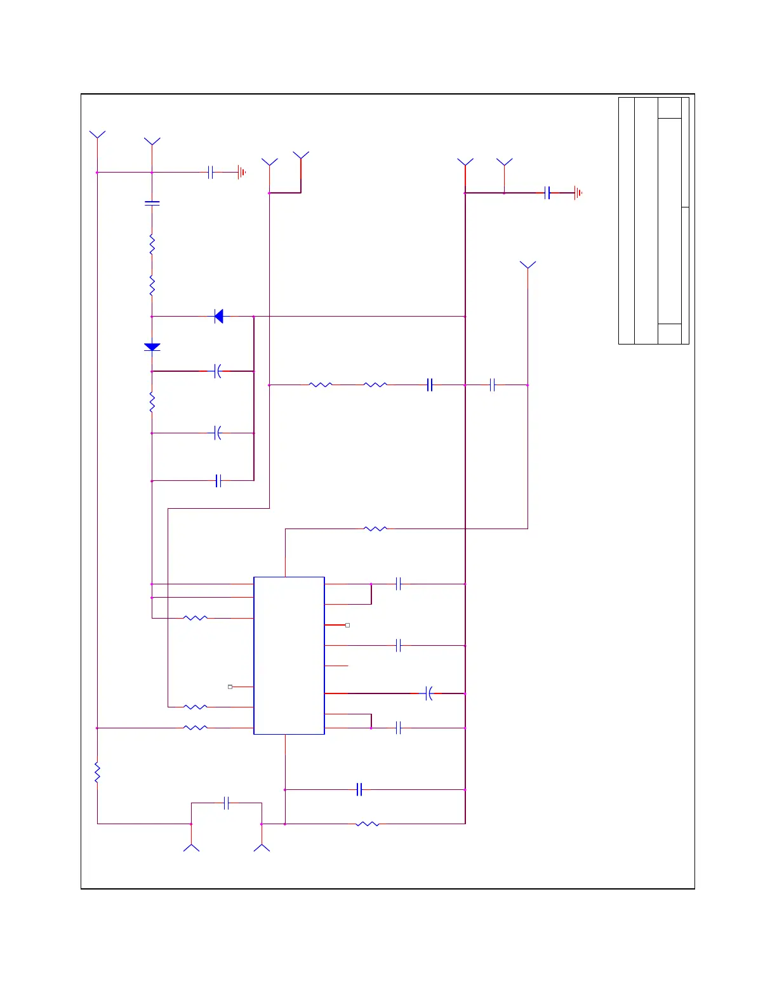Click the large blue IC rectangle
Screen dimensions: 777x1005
(x=289, y=655)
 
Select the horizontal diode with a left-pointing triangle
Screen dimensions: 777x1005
(x=219, y=316)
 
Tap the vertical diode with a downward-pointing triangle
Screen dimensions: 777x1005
(x=152, y=347)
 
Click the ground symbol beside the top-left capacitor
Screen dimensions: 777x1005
(x=241, y=172)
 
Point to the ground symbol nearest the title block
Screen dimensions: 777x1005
(x=578, y=193)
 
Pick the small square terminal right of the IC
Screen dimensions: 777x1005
(x=347, y=625)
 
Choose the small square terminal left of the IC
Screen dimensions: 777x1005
(x=230, y=686)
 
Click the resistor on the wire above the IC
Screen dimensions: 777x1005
(x=375, y=529)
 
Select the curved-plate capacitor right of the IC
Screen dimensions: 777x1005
(x=429, y=693)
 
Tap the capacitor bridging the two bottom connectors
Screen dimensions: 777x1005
(x=227, y=803)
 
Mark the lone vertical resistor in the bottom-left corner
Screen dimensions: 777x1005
(x=97, y=772)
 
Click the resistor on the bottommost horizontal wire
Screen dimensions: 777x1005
(x=368, y=824)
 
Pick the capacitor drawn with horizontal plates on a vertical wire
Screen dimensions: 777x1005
(x=152, y=204)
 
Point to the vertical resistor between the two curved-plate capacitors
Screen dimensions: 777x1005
(x=152, y=402)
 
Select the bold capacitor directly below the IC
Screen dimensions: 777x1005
(x=359, y=789)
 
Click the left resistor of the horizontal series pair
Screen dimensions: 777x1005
(x=320, y=384)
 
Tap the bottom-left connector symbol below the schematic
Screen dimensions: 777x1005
(x=191, y=847)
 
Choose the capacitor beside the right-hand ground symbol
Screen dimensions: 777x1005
(x=547, y=193)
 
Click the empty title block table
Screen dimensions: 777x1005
(x=653, y=221)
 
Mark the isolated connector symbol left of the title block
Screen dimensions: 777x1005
(x=528, y=266)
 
